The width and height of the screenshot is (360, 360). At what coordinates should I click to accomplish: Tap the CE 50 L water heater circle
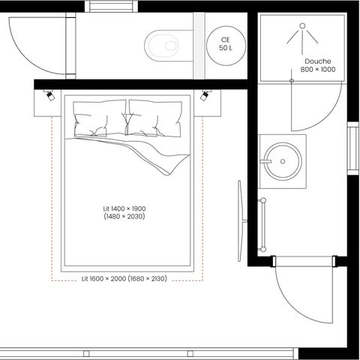pyautogui.click(x=225, y=43)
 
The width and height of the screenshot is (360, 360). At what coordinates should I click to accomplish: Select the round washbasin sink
pyautogui.click(x=283, y=159)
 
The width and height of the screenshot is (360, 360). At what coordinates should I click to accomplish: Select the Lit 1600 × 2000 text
pyautogui.click(x=103, y=278)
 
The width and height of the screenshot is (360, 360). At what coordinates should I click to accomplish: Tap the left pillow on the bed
pyautogui.click(x=99, y=118)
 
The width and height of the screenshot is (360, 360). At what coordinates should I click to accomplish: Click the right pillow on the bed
pyautogui.click(x=156, y=118)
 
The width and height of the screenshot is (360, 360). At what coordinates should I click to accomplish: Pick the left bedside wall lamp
pyautogui.click(x=49, y=95)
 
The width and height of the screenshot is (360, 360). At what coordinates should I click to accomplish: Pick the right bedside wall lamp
pyautogui.click(x=206, y=95)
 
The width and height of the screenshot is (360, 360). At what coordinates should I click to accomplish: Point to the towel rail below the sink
pyautogui.click(x=264, y=225)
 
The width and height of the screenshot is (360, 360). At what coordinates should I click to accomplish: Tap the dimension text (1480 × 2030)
pyautogui.click(x=124, y=217)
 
